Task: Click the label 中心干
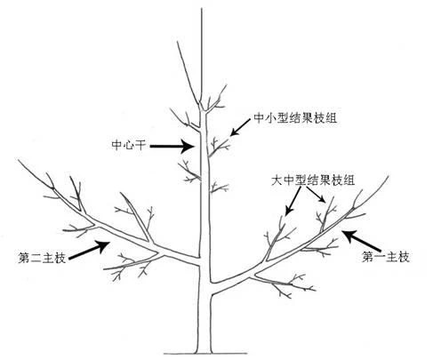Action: (129, 145)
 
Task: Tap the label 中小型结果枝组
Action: (295, 118)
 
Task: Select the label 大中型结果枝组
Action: (313, 180)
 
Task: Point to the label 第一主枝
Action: (386, 257)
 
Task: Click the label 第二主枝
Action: (42, 258)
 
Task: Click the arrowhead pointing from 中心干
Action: (188, 146)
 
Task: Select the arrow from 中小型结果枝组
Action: (240, 127)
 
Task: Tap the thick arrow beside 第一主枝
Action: (361, 241)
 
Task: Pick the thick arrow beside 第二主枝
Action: (89, 251)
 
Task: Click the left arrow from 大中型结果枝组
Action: (293, 201)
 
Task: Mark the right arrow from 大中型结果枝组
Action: (316, 195)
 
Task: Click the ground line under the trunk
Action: (205, 353)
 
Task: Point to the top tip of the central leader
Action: (202, 9)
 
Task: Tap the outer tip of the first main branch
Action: (388, 177)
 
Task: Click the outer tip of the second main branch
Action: (19, 161)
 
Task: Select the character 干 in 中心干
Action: (140, 145)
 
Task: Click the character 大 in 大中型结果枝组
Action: (277, 180)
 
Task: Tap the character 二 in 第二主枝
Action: (36, 258)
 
